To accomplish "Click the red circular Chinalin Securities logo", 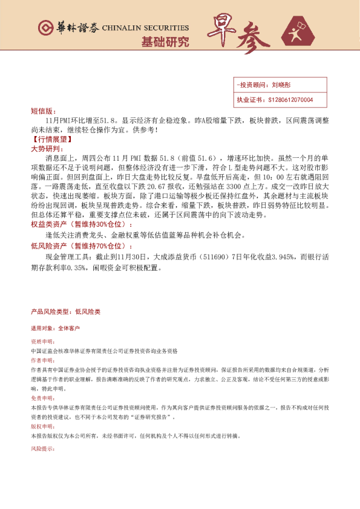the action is click(x=45, y=27).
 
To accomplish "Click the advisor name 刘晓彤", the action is click(x=281, y=86).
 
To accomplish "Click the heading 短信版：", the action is click(x=42, y=111).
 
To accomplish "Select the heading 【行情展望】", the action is click(x=51, y=139).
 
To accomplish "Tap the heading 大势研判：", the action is click(x=45, y=148).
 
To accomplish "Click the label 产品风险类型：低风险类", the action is click(x=65, y=311).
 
